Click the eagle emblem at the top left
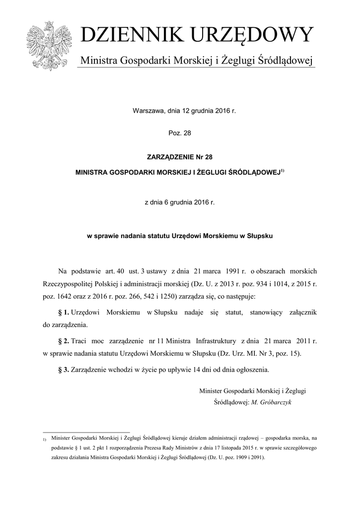point(48,46)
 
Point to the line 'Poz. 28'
point(180,133)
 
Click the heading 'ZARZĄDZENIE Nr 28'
point(180,156)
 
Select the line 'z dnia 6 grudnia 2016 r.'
point(180,202)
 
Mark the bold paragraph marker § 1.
point(64,313)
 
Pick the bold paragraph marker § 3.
point(64,370)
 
